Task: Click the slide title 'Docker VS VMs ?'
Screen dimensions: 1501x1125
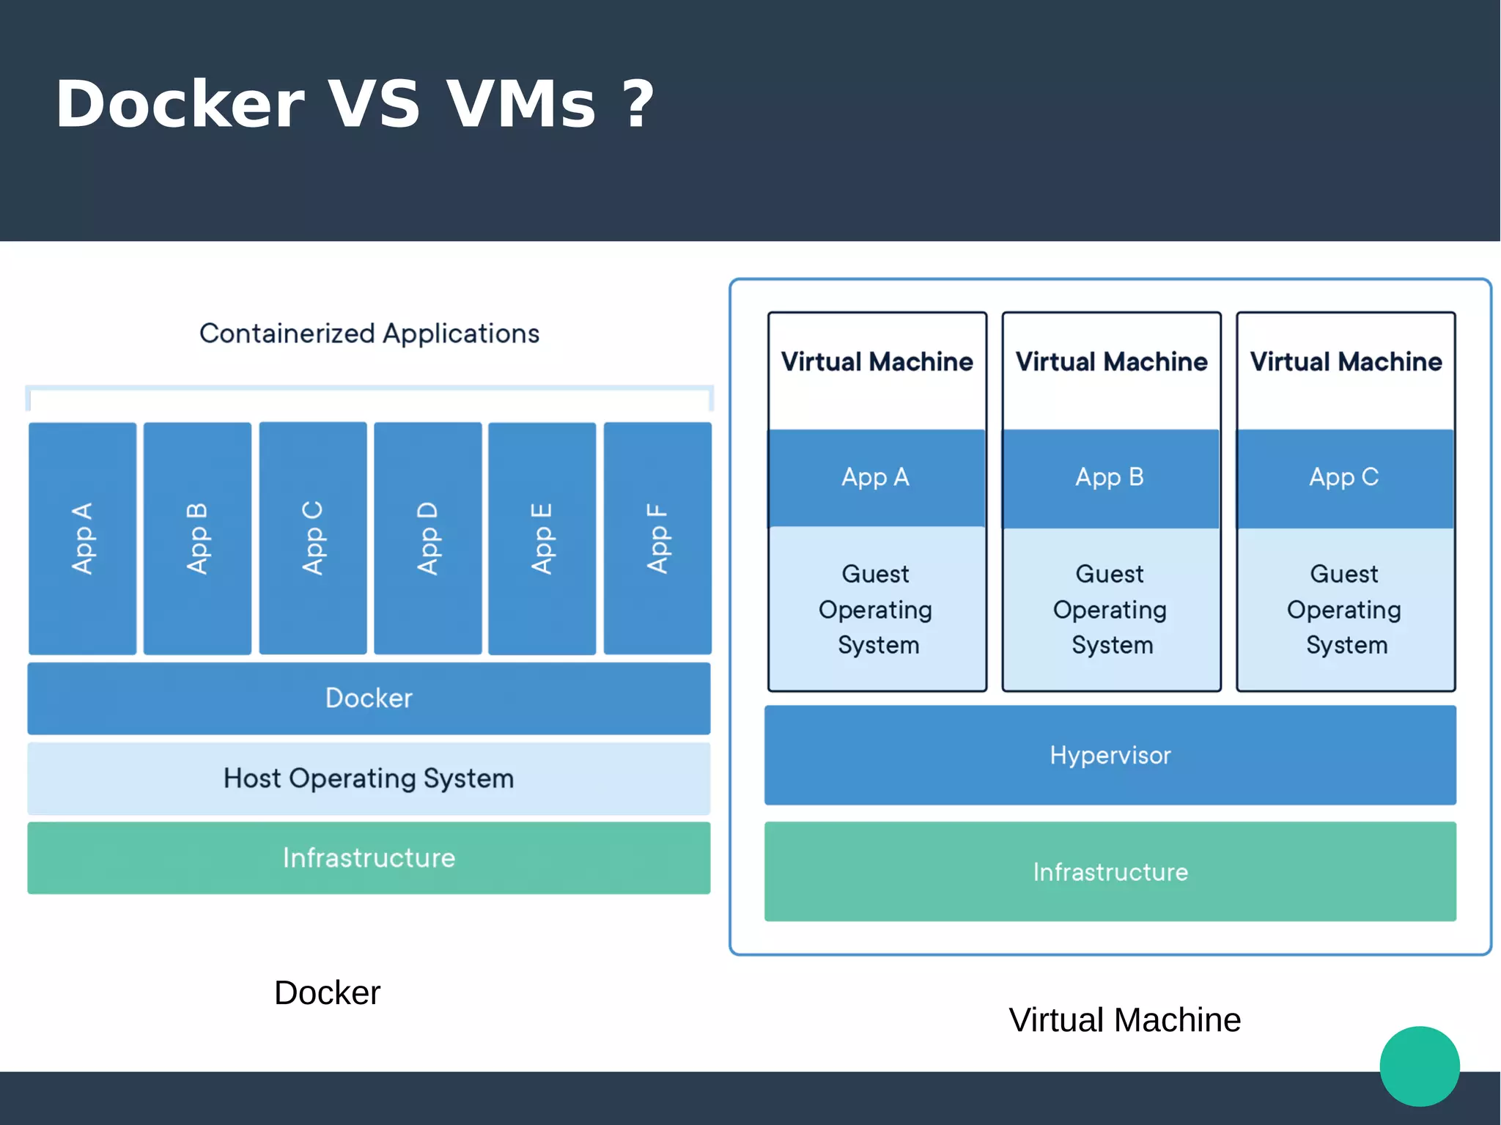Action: [354, 104]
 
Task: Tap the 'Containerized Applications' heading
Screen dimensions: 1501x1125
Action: [369, 333]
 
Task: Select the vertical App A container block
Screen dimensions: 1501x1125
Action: [82, 539]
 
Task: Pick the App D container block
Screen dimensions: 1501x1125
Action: [428, 539]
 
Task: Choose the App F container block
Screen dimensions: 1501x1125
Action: [657, 539]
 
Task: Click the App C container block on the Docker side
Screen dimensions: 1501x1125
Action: [313, 539]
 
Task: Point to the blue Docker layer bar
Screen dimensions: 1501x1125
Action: [369, 698]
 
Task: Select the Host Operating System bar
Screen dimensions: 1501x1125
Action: [369, 778]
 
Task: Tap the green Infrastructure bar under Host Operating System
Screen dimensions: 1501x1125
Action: [369, 857]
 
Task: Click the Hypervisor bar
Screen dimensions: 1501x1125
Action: [1110, 755]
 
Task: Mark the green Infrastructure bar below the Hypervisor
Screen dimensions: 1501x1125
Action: [1110, 871]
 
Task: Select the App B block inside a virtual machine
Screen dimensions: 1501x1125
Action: [1110, 478]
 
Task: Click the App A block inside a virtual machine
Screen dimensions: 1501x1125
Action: [877, 478]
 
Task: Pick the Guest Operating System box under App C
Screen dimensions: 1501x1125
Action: [1346, 609]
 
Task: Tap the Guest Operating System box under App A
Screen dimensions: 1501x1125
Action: [877, 609]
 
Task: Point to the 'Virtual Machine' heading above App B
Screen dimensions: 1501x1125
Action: [1111, 361]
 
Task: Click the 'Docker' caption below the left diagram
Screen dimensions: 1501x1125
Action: [327, 993]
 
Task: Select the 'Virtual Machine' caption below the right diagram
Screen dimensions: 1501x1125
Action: [1124, 1019]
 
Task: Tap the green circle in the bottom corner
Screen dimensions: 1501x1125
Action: [1420, 1066]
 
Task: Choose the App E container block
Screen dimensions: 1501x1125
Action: [542, 539]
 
